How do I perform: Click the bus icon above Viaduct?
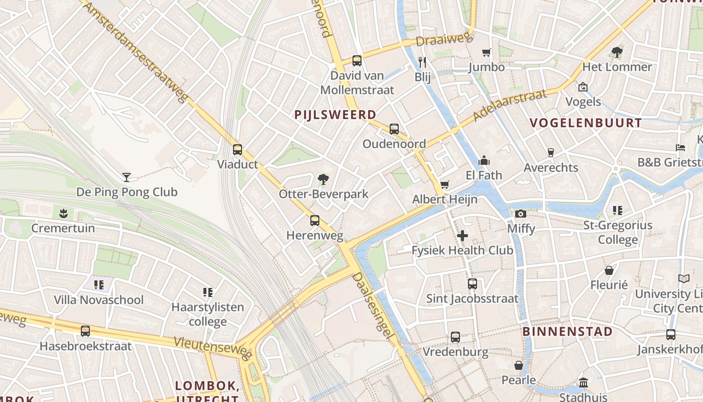pos(238,150)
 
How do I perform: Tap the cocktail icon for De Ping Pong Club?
pos(127,177)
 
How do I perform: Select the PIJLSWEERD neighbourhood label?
pos(335,115)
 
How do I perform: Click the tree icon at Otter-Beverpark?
pos(323,179)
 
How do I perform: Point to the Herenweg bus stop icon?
pos(315,221)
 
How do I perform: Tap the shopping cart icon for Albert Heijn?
pos(444,185)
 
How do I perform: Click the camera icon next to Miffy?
pos(521,214)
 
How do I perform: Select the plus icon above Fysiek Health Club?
pos(462,236)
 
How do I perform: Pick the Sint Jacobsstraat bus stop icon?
pos(472,284)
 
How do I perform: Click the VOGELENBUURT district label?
pos(585,123)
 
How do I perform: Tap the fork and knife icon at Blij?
pos(422,62)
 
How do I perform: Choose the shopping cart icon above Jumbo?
pos(486,53)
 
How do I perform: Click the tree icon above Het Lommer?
pos(617,52)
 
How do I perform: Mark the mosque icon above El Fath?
pos(484,160)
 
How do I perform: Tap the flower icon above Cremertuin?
pos(63,214)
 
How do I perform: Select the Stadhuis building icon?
pos(583,383)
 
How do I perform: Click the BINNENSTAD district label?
pos(567,332)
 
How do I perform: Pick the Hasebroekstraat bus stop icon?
pos(85,331)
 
